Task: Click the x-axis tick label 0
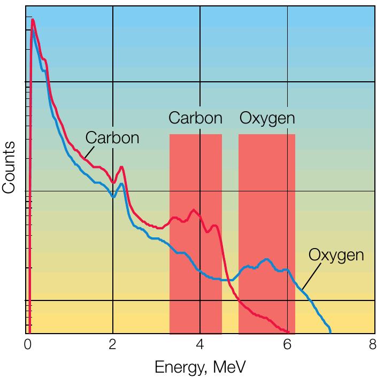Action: point(28,345)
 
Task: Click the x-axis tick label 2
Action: point(112,345)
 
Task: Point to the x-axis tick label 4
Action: point(200,345)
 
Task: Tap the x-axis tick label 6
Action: point(287,345)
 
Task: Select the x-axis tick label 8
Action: point(373,345)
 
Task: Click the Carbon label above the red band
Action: point(195,118)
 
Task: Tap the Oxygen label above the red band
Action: point(267,118)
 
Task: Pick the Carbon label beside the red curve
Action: point(112,137)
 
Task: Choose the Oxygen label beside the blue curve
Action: point(336,255)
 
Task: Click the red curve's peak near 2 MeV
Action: point(122,167)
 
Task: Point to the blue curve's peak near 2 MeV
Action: point(122,184)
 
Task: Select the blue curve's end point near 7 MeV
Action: point(330,331)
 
